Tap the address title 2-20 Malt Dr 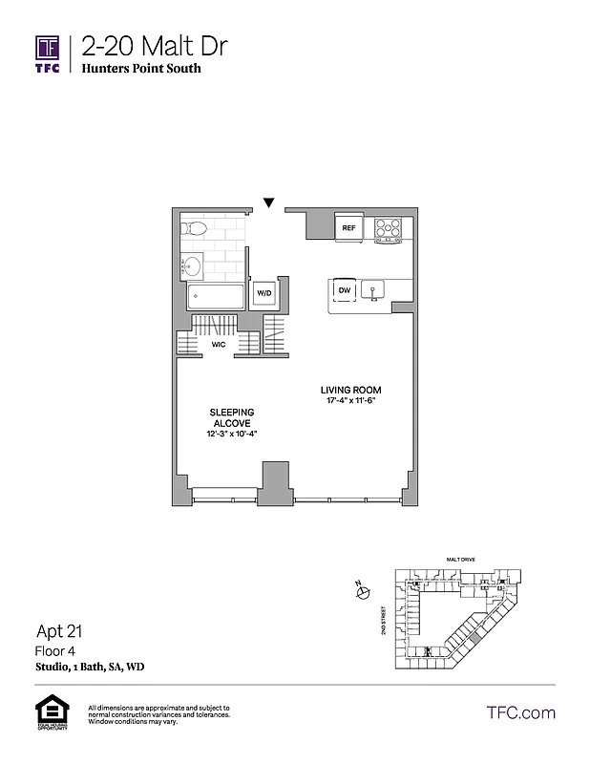pos(154,47)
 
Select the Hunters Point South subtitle pos(141,69)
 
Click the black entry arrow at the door pos(269,202)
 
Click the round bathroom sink pos(193,265)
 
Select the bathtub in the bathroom pos(215,296)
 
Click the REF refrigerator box pos(348,227)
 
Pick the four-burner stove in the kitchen pos(388,227)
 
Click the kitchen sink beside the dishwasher pos(374,290)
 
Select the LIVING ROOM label pos(350,390)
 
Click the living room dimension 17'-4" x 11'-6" pos(350,401)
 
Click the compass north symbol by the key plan pos(362,592)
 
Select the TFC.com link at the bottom pos(520,712)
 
